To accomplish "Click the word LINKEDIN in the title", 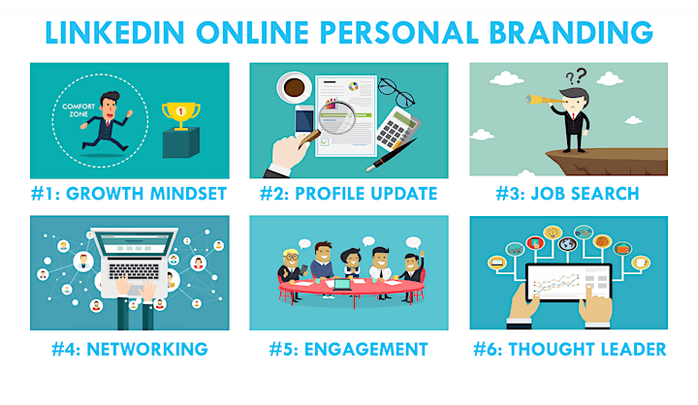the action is (114, 33).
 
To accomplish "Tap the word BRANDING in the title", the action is (571, 33).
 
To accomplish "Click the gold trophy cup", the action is (180, 115).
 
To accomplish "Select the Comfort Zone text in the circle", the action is (79, 110).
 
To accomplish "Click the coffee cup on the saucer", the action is (295, 87).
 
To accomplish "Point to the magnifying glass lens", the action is (337, 117).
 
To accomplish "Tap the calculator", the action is (397, 128).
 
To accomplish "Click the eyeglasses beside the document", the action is (396, 92).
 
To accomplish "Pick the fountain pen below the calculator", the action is (392, 155).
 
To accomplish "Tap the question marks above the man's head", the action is (576, 77).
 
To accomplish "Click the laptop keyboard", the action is (134, 271).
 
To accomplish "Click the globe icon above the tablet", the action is (567, 244).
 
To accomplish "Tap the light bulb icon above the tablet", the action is (552, 233).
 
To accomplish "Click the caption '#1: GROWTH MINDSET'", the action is (129, 194).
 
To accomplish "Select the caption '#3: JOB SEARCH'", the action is (567, 194).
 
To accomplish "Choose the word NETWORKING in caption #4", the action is (147, 350).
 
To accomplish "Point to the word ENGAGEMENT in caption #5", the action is (365, 350).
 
